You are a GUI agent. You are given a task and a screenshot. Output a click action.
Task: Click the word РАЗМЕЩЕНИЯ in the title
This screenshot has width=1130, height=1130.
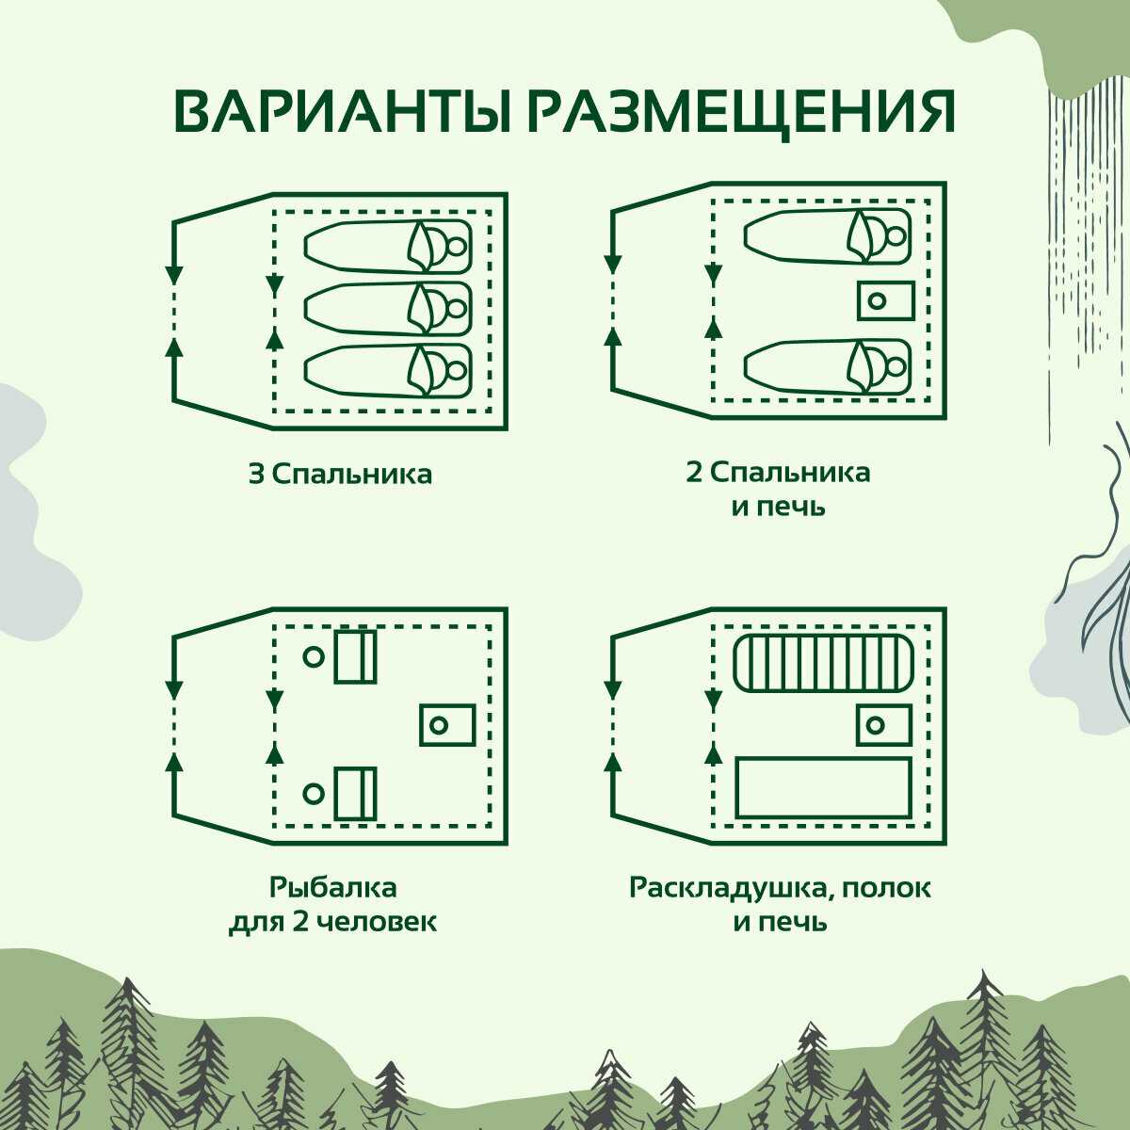click(740, 113)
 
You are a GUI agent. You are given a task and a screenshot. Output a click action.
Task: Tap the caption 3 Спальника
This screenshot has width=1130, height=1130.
click(340, 474)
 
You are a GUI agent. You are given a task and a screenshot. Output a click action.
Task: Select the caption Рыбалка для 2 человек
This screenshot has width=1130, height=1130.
click(332, 904)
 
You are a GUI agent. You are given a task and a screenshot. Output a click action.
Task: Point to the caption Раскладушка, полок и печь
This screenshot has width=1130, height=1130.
click(780, 904)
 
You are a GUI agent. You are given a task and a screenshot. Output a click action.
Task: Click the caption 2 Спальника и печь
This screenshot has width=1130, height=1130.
click(778, 489)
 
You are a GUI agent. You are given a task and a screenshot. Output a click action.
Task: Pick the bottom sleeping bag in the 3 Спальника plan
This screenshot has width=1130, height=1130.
click(387, 370)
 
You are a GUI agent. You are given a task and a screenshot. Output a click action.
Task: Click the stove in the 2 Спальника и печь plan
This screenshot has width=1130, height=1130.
click(885, 300)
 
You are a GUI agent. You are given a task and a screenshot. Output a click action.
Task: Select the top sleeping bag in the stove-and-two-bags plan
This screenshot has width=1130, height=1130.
click(828, 235)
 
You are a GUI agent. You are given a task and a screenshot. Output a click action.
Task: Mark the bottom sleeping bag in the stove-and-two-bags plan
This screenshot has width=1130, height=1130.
click(828, 365)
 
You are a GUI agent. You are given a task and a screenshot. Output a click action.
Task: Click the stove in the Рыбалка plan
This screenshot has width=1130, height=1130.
click(446, 724)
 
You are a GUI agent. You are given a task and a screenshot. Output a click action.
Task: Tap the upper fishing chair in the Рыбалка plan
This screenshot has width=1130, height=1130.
click(355, 656)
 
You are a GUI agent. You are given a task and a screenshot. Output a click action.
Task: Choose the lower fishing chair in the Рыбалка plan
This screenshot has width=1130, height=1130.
click(355, 793)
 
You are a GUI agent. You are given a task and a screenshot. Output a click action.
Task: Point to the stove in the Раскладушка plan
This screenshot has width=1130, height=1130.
click(883, 725)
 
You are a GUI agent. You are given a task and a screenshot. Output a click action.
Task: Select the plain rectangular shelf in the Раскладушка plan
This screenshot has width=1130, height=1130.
click(823, 787)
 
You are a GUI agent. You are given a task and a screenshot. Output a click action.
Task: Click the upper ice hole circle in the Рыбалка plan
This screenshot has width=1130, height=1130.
click(314, 657)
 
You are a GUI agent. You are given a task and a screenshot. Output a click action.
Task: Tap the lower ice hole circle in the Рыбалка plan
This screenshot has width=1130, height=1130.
click(314, 794)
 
